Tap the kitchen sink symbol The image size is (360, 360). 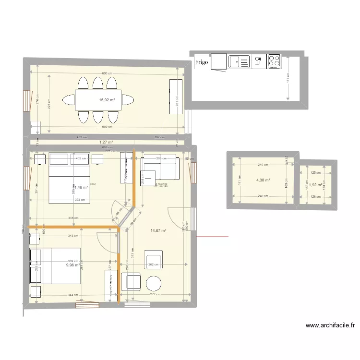239,61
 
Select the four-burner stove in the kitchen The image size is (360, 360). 274,61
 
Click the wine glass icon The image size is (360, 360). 258,60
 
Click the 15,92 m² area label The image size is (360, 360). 107,100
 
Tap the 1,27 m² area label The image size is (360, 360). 106,142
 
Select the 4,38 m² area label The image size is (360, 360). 263,180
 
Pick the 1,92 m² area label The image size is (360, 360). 314,184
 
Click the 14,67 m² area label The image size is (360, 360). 158,231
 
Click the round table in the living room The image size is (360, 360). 155,283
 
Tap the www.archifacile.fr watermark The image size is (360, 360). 331,325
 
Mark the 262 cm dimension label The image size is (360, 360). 154,264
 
